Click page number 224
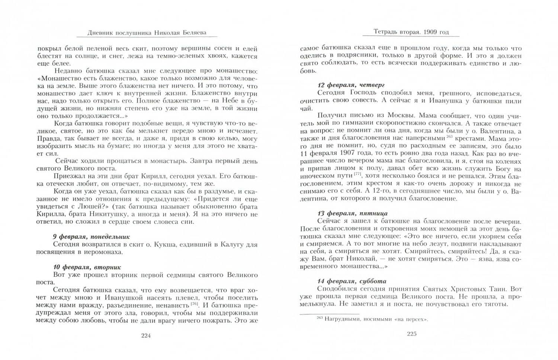pos(145,336)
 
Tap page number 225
pos(411,334)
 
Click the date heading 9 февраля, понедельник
pos(92,237)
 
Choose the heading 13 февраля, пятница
pos(352,213)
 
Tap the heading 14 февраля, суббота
pos(352,281)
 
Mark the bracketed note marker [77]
pos(358,175)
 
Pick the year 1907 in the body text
pos(347,153)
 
